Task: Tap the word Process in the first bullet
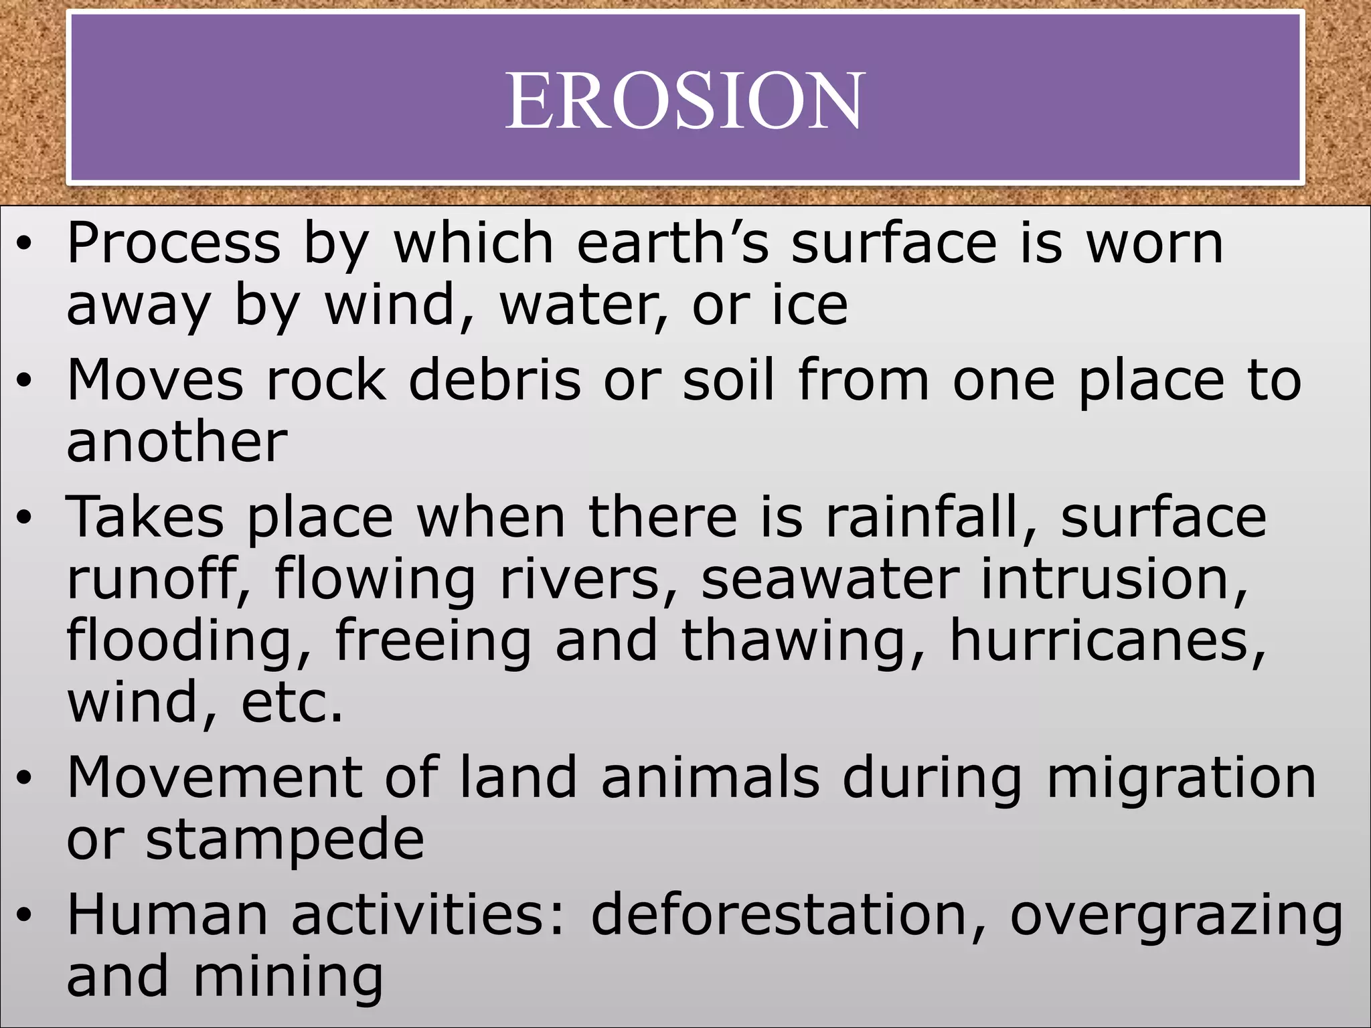pyautogui.click(x=173, y=243)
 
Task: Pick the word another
pyautogui.click(x=177, y=442)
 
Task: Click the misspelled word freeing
pyautogui.click(x=432, y=640)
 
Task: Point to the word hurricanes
pyautogui.click(x=1108, y=640)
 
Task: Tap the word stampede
pyautogui.click(x=285, y=840)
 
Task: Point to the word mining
pyautogui.click(x=289, y=978)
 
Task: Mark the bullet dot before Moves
pyautogui.click(x=25, y=381)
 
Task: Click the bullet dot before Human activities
pyautogui.click(x=25, y=917)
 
